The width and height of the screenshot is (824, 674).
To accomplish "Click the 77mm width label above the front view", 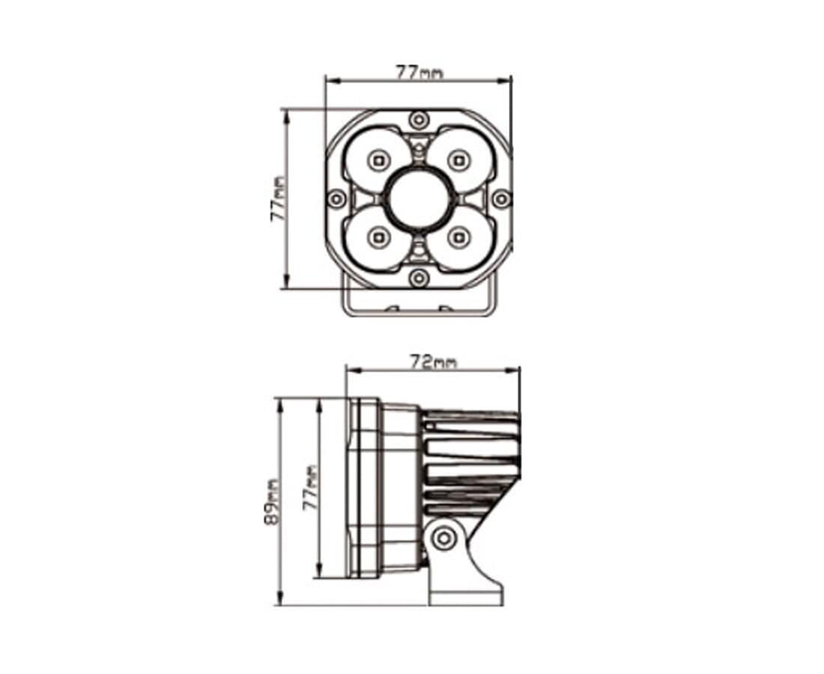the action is pos(419,72).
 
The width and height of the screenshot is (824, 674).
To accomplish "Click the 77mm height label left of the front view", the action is pos(279,198).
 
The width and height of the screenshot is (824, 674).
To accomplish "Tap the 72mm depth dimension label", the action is pos(434,362).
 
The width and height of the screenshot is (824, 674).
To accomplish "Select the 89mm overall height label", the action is pos(271,503).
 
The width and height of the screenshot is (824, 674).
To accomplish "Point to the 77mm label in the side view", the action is pos(311,488).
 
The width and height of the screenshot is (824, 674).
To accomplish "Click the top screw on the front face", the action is pos(418,121).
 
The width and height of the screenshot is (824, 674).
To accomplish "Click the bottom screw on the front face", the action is pos(418,277).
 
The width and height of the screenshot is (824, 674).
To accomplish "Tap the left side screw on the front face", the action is pos(336,198).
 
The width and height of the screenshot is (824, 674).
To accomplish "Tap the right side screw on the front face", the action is pos(501,198).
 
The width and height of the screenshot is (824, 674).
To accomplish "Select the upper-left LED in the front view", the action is pos(378,160).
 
